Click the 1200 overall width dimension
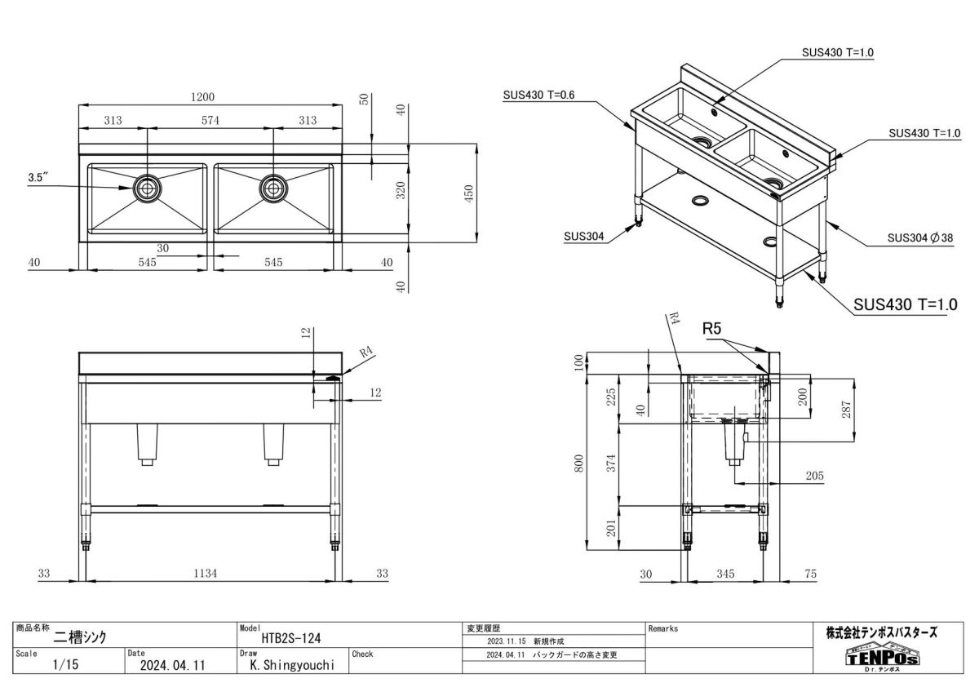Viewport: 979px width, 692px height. tap(202, 96)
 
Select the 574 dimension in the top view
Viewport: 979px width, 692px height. tap(210, 121)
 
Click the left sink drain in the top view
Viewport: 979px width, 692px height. tap(147, 189)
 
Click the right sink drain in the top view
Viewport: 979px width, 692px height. tap(273, 189)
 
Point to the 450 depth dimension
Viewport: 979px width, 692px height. tap(469, 193)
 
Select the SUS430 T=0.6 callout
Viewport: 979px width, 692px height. tap(538, 95)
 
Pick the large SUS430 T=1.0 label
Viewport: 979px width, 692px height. tap(905, 304)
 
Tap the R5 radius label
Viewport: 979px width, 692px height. tap(712, 330)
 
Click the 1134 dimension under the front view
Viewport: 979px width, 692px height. tap(206, 574)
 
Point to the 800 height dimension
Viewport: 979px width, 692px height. tap(579, 462)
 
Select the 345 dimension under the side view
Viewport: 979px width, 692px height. tap(724, 574)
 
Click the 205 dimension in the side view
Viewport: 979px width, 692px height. tap(813, 476)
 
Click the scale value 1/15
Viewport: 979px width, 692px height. tap(64, 665)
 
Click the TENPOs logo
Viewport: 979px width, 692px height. tap(881, 657)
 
